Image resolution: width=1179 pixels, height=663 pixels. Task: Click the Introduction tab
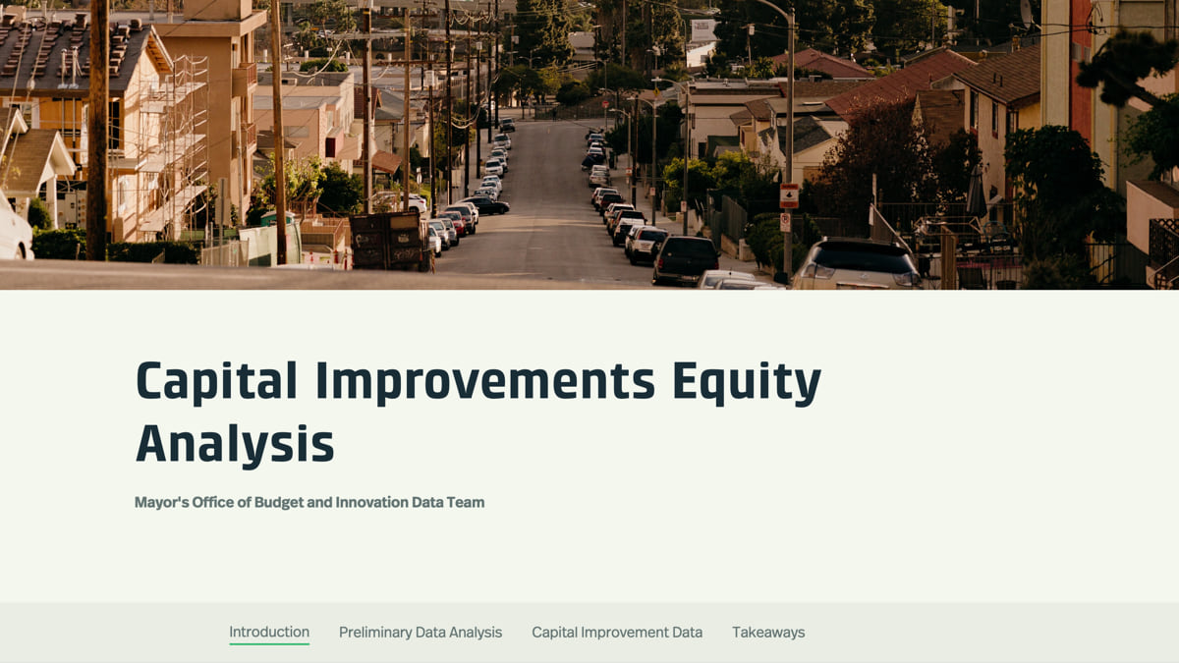[x=269, y=632]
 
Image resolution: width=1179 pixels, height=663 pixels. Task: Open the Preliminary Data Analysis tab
[x=421, y=633]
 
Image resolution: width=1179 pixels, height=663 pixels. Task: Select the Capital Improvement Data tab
[x=617, y=633]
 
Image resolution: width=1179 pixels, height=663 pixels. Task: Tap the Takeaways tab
[x=768, y=633]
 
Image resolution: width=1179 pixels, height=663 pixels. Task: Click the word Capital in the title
[x=216, y=380]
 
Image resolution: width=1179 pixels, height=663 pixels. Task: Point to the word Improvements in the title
[x=485, y=380]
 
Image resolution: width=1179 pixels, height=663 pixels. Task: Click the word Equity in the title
[x=747, y=381]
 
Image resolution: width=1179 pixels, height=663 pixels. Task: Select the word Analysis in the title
[x=235, y=445]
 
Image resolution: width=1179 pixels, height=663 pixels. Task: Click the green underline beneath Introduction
[x=269, y=643]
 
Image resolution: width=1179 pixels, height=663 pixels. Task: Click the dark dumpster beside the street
[x=389, y=241]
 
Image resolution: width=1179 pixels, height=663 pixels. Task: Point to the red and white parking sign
[x=788, y=195]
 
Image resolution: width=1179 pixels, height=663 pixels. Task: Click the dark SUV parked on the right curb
[x=686, y=260]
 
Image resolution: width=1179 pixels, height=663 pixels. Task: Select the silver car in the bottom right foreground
[x=857, y=264]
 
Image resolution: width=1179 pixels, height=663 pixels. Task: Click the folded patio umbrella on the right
[x=977, y=193]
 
